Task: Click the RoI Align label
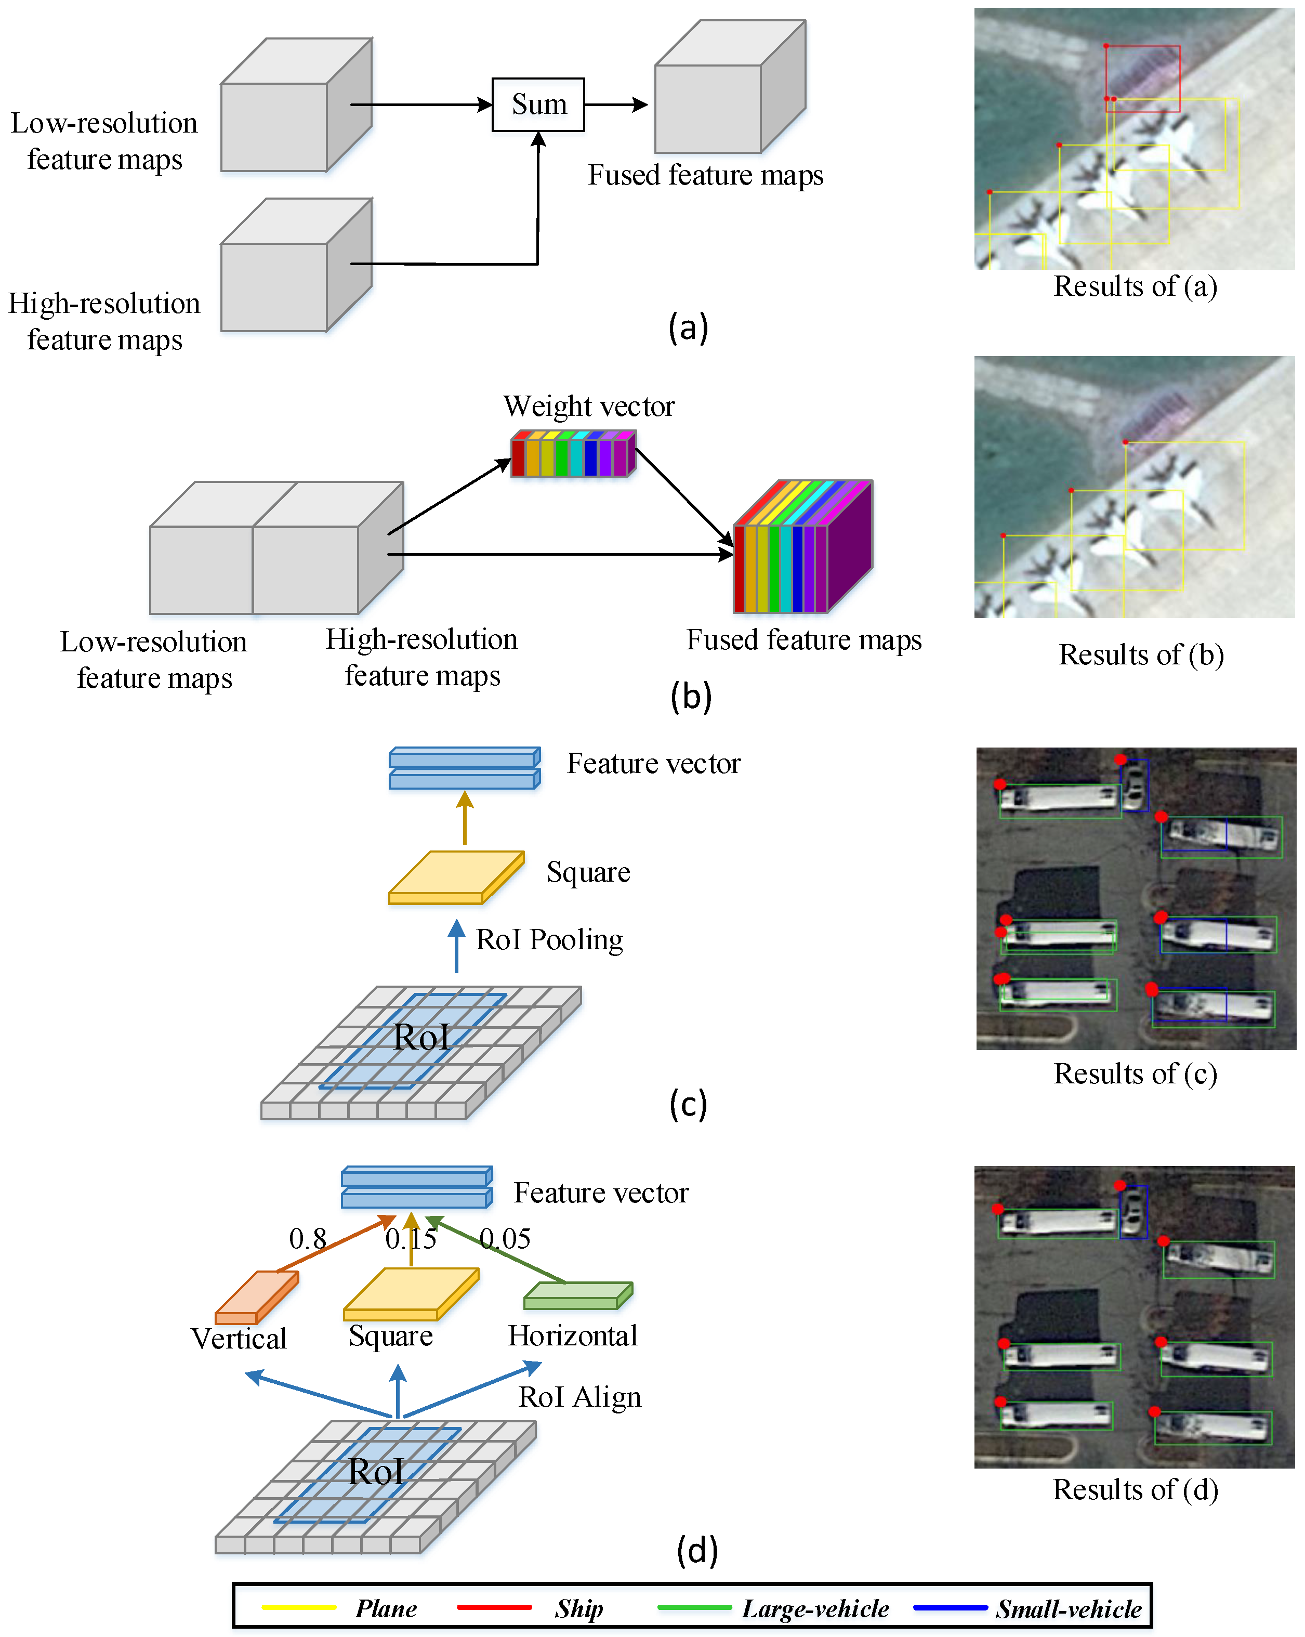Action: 579,1397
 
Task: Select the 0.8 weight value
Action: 308,1239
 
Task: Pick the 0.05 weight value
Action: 505,1239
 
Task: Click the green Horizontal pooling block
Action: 578,1295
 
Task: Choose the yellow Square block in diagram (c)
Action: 455,877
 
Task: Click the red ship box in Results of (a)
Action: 1142,78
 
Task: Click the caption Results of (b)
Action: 1140,654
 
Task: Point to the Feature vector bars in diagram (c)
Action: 464,768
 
